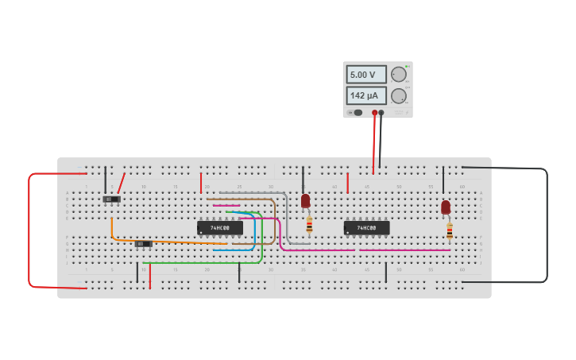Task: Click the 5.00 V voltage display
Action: click(365, 75)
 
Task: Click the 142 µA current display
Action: click(365, 95)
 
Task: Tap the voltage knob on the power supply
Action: click(399, 75)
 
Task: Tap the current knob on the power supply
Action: click(399, 96)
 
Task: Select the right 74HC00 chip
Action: click(366, 228)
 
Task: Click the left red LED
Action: click(305, 200)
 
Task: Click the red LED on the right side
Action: click(446, 207)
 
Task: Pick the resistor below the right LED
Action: click(450, 230)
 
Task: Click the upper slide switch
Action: click(111, 199)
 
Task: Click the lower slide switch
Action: click(143, 243)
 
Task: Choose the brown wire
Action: click(275, 223)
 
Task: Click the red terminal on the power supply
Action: click(374, 113)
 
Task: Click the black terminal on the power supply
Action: click(381, 113)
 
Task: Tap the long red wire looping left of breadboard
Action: click(29, 230)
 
